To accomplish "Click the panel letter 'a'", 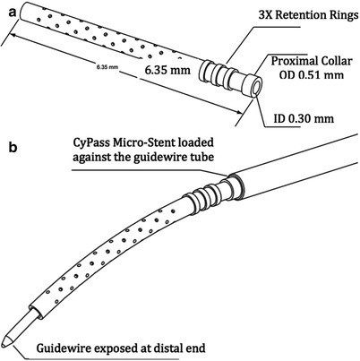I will tap(7, 7).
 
